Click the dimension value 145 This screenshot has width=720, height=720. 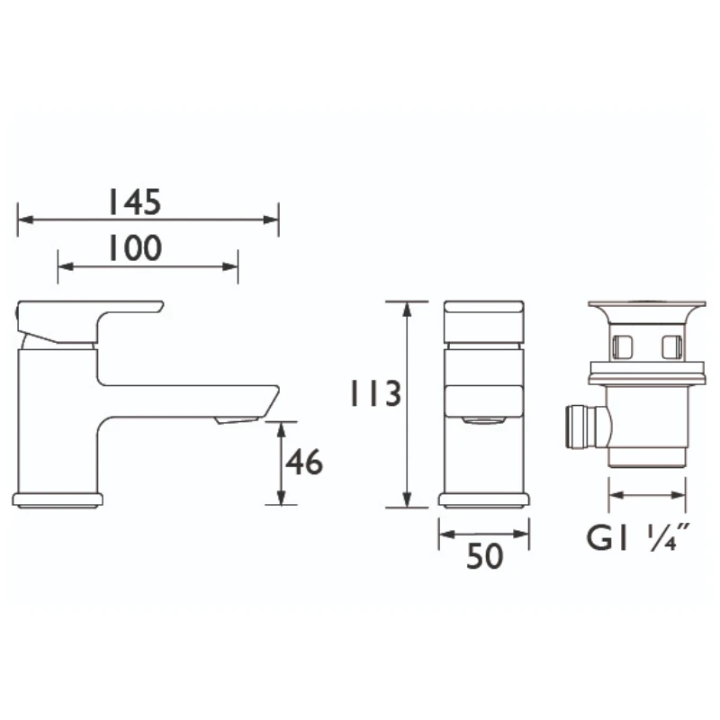pyautogui.click(x=135, y=202)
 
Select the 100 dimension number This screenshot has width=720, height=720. pyautogui.click(x=135, y=247)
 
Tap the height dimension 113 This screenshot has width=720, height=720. pyautogui.click(x=373, y=394)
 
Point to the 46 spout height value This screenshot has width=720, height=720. pyautogui.click(x=303, y=463)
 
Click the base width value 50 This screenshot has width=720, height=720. pyautogui.click(x=484, y=558)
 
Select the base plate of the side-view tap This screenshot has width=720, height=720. pyautogui.click(x=58, y=499)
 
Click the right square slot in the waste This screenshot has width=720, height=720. pyautogui.click(x=670, y=346)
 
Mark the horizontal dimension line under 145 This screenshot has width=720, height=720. pyautogui.click(x=148, y=220)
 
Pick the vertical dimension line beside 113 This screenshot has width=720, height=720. pyautogui.click(x=408, y=405)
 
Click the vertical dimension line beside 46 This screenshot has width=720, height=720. pyautogui.click(x=282, y=463)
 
